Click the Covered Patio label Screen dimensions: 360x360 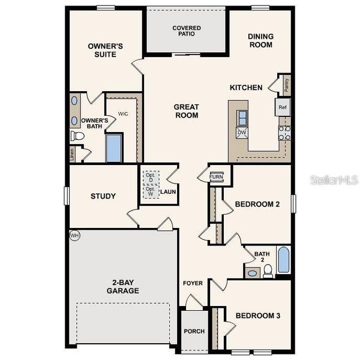[186, 31]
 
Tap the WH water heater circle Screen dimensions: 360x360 [74, 235]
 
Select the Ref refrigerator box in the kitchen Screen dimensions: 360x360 [283, 107]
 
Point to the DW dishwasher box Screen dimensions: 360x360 [242, 132]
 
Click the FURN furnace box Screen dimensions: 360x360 [217, 177]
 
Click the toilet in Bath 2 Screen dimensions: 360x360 [268, 271]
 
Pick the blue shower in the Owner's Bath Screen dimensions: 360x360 [114, 148]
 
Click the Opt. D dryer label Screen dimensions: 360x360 [150, 179]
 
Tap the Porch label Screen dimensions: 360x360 [194, 331]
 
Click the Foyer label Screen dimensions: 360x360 [193, 283]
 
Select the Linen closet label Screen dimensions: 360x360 [73, 154]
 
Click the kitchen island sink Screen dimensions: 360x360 [242, 116]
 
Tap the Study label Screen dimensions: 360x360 [103, 196]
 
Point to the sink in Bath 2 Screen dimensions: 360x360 [253, 273]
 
